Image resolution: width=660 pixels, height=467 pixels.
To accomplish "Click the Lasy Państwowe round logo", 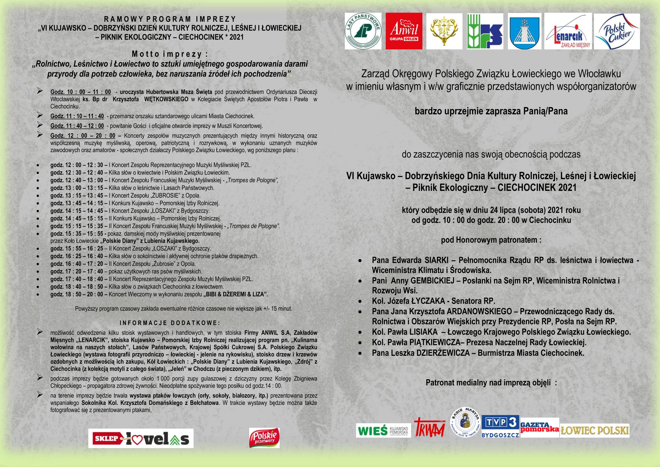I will [x=363, y=31].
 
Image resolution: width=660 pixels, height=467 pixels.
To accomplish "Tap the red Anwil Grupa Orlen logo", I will [x=404, y=31].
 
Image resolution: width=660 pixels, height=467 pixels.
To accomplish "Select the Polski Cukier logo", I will [x=617, y=31].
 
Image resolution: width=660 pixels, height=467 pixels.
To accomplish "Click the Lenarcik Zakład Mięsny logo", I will [x=568, y=31].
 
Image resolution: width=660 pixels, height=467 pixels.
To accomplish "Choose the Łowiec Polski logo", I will [x=595, y=431].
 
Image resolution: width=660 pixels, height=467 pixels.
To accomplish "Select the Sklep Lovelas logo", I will [x=141, y=438].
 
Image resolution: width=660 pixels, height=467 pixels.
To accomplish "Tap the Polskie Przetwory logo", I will [x=264, y=438].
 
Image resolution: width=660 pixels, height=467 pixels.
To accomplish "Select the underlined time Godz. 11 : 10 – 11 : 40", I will [x=77, y=116].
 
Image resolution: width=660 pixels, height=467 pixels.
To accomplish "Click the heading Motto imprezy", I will [x=170, y=54].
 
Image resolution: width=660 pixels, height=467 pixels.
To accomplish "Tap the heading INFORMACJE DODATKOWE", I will [x=170, y=323].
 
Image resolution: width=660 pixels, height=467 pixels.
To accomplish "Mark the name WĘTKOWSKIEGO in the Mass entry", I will [x=166, y=99].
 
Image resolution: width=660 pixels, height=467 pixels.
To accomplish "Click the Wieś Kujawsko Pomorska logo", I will [x=383, y=431].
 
